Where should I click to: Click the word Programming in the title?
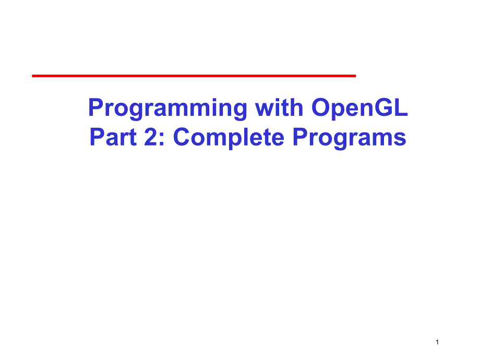[168, 109]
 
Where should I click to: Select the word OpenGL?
[359, 109]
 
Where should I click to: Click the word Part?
[111, 138]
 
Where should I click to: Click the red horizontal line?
[194, 76]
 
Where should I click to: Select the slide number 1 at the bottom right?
[437, 342]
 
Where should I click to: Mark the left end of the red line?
[33, 76]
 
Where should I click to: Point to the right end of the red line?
[354, 76]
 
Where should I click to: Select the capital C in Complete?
[182, 138]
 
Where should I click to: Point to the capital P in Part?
[97, 138]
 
